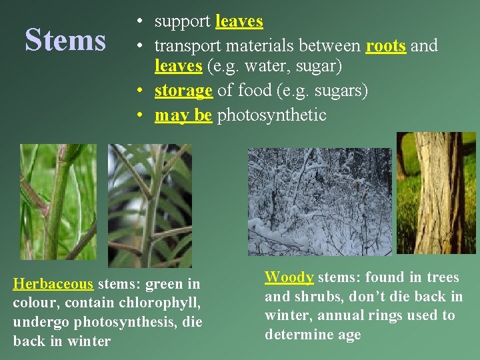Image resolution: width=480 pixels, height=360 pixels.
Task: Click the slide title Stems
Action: (x=65, y=40)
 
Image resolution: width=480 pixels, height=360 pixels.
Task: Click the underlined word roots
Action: (x=386, y=46)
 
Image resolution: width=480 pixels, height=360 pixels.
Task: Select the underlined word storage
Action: (x=183, y=91)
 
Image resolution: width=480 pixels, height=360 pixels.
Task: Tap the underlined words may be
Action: (x=183, y=115)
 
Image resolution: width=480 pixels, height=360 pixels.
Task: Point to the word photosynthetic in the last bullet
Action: (x=271, y=115)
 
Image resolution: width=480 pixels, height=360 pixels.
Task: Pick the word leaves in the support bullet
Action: (x=239, y=21)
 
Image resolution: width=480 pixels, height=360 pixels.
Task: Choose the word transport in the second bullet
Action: (x=189, y=46)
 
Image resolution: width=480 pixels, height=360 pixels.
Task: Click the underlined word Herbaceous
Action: (x=53, y=284)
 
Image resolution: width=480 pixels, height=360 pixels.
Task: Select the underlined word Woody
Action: (x=289, y=277)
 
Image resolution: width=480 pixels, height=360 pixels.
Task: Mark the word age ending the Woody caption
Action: (x=347, y=335)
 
